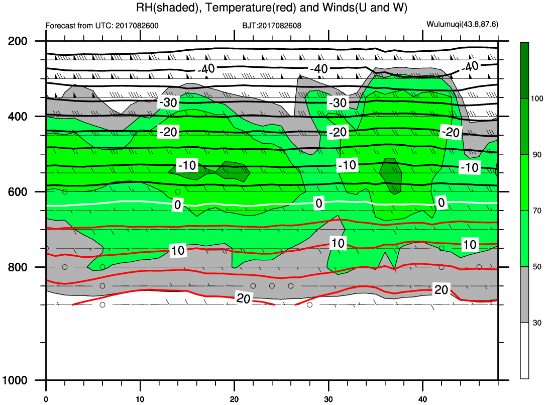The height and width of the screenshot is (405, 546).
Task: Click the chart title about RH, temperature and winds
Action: [x=272, y=8]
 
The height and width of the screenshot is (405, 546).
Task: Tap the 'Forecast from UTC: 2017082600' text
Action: [x=102, y=26]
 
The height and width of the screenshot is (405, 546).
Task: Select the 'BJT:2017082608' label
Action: [x=272, y=26]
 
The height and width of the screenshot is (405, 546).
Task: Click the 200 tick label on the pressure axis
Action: [x=18, y=41]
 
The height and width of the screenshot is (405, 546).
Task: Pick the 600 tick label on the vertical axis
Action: [x=18, y=192]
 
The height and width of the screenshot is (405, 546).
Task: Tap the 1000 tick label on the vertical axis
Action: [x=15, y=380]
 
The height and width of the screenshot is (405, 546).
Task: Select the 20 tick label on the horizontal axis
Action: [x=235, y=399]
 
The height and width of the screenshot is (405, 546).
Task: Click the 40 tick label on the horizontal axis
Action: [x=423, y=399]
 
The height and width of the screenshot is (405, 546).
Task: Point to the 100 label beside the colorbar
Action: [x=537, y=99]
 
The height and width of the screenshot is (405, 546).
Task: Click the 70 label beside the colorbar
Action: [x=537, y=211]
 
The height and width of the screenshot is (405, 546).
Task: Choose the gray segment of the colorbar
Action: [x=524, y=294]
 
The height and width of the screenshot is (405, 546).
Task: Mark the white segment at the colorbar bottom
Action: [x=524, y=350]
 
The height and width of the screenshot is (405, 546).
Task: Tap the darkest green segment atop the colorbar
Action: [x=524, y=70]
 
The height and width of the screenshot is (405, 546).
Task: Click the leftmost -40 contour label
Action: [x=206, y=69]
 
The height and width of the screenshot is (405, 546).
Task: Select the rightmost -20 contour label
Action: [x=451, y=132]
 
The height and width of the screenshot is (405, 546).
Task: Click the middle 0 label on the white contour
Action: [x=318, y=203]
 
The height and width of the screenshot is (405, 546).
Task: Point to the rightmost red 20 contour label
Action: [x=441, y=290]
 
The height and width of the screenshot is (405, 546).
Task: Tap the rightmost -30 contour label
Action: [x=338, y=103]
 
